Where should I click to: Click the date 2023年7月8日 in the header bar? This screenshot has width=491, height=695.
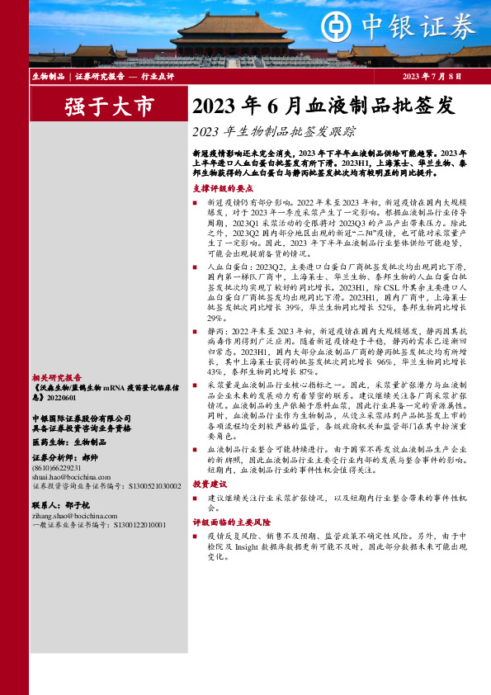coord(432,76)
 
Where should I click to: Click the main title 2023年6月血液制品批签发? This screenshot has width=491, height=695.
coord(323,106)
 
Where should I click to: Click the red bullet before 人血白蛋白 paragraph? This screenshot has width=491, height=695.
coord(196,268)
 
